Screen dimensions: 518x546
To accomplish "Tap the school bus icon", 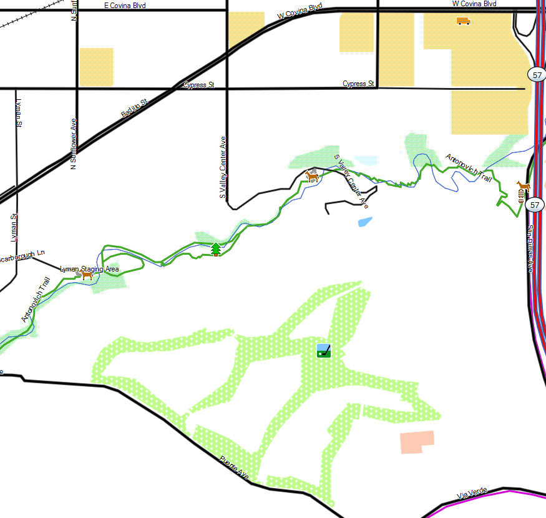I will (x=463, y=21).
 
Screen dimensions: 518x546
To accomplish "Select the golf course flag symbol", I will (x=323, y=351).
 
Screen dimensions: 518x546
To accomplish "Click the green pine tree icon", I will (x=216, y=249).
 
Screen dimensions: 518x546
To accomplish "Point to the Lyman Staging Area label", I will (x=89, y=268).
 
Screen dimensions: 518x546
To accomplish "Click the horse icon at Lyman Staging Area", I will (x=87, y=275).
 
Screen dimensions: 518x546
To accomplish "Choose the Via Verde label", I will (x=470, y=494).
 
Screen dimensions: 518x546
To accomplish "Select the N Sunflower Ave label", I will (x=74, y=144).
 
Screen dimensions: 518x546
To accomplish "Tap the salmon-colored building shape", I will (x=416, y=441).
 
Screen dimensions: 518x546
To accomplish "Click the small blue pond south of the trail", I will (x=365, y=221).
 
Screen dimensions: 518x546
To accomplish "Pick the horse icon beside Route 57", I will (x=523, y=186).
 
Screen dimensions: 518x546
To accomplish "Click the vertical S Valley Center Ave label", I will (x=222, y=167).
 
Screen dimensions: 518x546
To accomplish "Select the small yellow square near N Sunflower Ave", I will (x=96, y=67).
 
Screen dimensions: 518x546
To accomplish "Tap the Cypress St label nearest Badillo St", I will (x=199, y=85).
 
